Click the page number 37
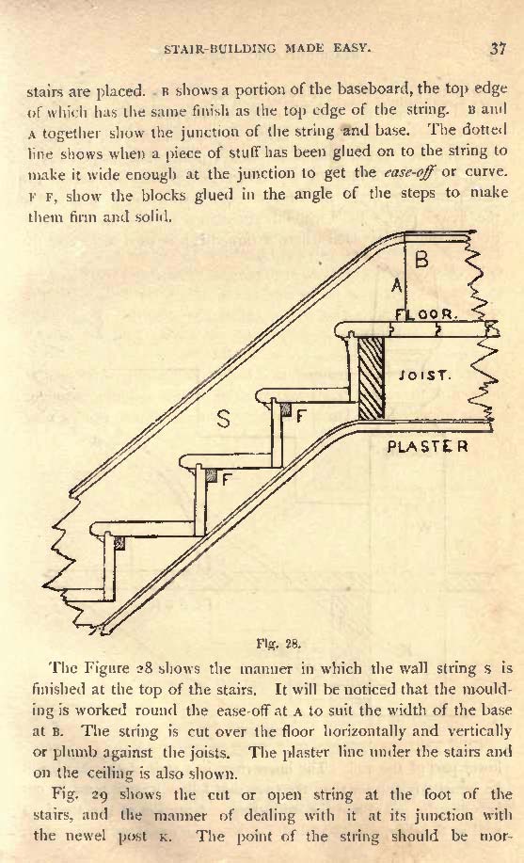(x=498, y=48)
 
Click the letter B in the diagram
(x=421, y=259)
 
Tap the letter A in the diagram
(x=397, y=285)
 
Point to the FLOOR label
(x=426, y=315)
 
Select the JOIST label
(x=425, y=376)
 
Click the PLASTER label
(x=427, y=446)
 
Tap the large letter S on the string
(x=223, y=420)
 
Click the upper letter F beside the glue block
(x=300, y=417)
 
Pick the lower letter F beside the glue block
(x=226, y=479)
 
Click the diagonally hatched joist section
(x=371, y=377)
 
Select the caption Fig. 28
(x=278, y=644)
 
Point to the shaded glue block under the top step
(x=285, y=408)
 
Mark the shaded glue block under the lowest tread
(x=119, y=544)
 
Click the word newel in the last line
(x=70, y=836)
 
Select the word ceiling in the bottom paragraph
(x=121, y=774)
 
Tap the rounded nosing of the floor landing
(x=341, y=330)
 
